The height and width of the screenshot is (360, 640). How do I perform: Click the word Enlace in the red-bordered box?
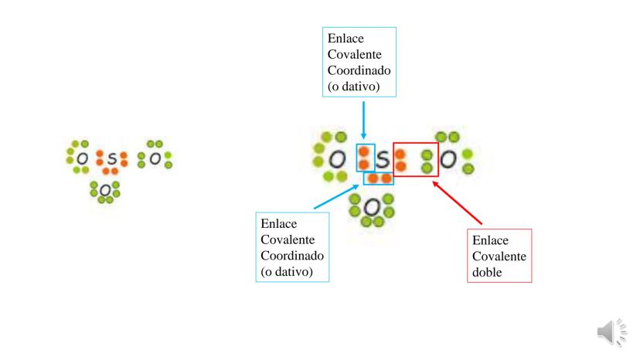point(489,240)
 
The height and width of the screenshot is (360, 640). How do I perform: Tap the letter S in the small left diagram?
point(112,158)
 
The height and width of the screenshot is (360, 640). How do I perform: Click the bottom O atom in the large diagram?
point(371,207)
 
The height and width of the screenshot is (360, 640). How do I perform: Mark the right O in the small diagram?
point(155,158)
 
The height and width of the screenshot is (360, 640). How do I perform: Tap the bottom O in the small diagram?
point(106,189)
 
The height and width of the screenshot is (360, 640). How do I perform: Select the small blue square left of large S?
point(364,158)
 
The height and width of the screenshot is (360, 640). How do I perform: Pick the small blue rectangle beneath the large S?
point(379,178)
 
